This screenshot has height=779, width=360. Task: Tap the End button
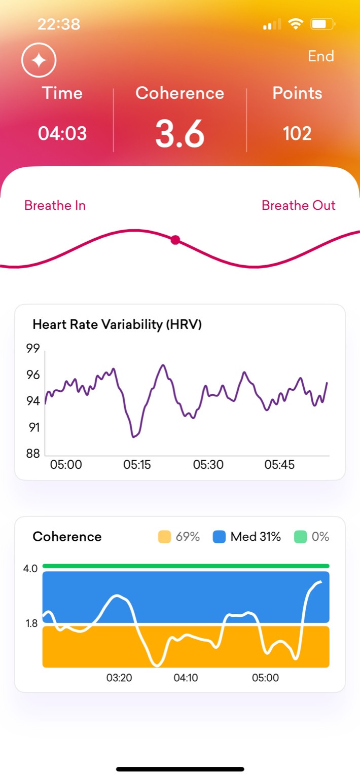[x=320, y=56]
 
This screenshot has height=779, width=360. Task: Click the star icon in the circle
[x=39, y=60]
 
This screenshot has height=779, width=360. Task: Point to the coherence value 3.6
[x=180, y=134]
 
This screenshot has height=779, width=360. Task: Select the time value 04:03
[x=62, y=133]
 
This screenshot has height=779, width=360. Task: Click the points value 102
[x=297, y=133]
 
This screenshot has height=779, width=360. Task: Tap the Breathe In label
[x=55, y=205]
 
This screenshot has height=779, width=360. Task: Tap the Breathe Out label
[x=298, y=205]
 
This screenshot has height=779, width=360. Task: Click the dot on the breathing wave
[x=175, y=240]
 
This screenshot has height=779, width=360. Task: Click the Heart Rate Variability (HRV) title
[x=117, y=324]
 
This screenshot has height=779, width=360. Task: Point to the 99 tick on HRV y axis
[x=33, y=349]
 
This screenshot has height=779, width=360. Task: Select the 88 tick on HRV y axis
[x=33, y=454]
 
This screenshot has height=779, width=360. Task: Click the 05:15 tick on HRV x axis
[x=137, y=465]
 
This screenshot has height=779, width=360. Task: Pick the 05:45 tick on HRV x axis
[x=279, y=465]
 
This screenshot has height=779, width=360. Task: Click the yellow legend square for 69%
[x=164, y=537]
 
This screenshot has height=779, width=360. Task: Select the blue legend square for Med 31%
[x=219, y=537]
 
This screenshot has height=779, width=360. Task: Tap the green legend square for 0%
[x=300, y=537]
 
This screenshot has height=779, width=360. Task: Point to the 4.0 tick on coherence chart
[x=30, y=569]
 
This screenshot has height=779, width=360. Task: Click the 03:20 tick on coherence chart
[x=119, y=678]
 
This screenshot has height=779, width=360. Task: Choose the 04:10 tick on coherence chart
[x=186, y=678]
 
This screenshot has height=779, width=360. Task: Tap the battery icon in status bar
[x=322, y=24]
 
